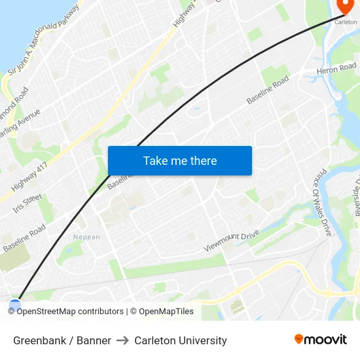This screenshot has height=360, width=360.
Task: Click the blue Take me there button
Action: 179,161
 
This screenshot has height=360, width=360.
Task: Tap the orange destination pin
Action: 345,7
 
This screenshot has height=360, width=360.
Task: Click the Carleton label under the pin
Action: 346,22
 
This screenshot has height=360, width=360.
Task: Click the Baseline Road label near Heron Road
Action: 268,90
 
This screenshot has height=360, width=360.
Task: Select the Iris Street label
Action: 27,203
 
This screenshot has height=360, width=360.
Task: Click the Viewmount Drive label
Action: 231,239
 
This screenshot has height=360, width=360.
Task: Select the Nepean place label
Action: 86,237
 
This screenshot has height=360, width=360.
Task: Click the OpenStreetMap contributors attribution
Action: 70,312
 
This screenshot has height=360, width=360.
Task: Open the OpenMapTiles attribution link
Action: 166,312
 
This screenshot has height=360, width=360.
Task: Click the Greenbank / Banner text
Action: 62,340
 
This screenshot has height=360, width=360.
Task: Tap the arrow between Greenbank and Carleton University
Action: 122,340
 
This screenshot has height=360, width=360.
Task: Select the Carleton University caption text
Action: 181,340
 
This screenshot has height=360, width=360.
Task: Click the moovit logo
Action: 320,339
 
